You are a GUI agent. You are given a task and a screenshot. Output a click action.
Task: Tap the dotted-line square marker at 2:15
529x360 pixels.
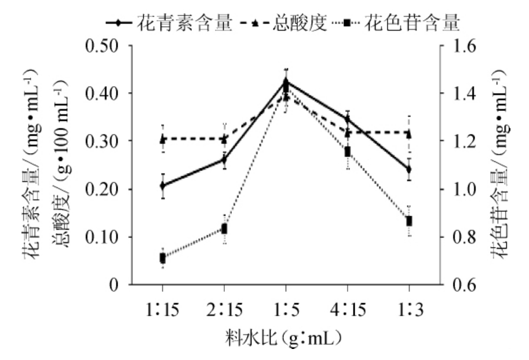click(224, 229)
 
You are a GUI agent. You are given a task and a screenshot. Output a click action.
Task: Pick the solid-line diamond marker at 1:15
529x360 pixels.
click(163, 186)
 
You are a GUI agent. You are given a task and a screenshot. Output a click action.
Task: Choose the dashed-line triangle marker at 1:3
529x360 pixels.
click(409, 133)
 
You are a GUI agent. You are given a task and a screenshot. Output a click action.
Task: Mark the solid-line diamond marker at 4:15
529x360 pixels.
click(348, 119)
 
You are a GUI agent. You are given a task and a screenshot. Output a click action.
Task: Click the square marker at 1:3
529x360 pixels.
click(409, 221)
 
